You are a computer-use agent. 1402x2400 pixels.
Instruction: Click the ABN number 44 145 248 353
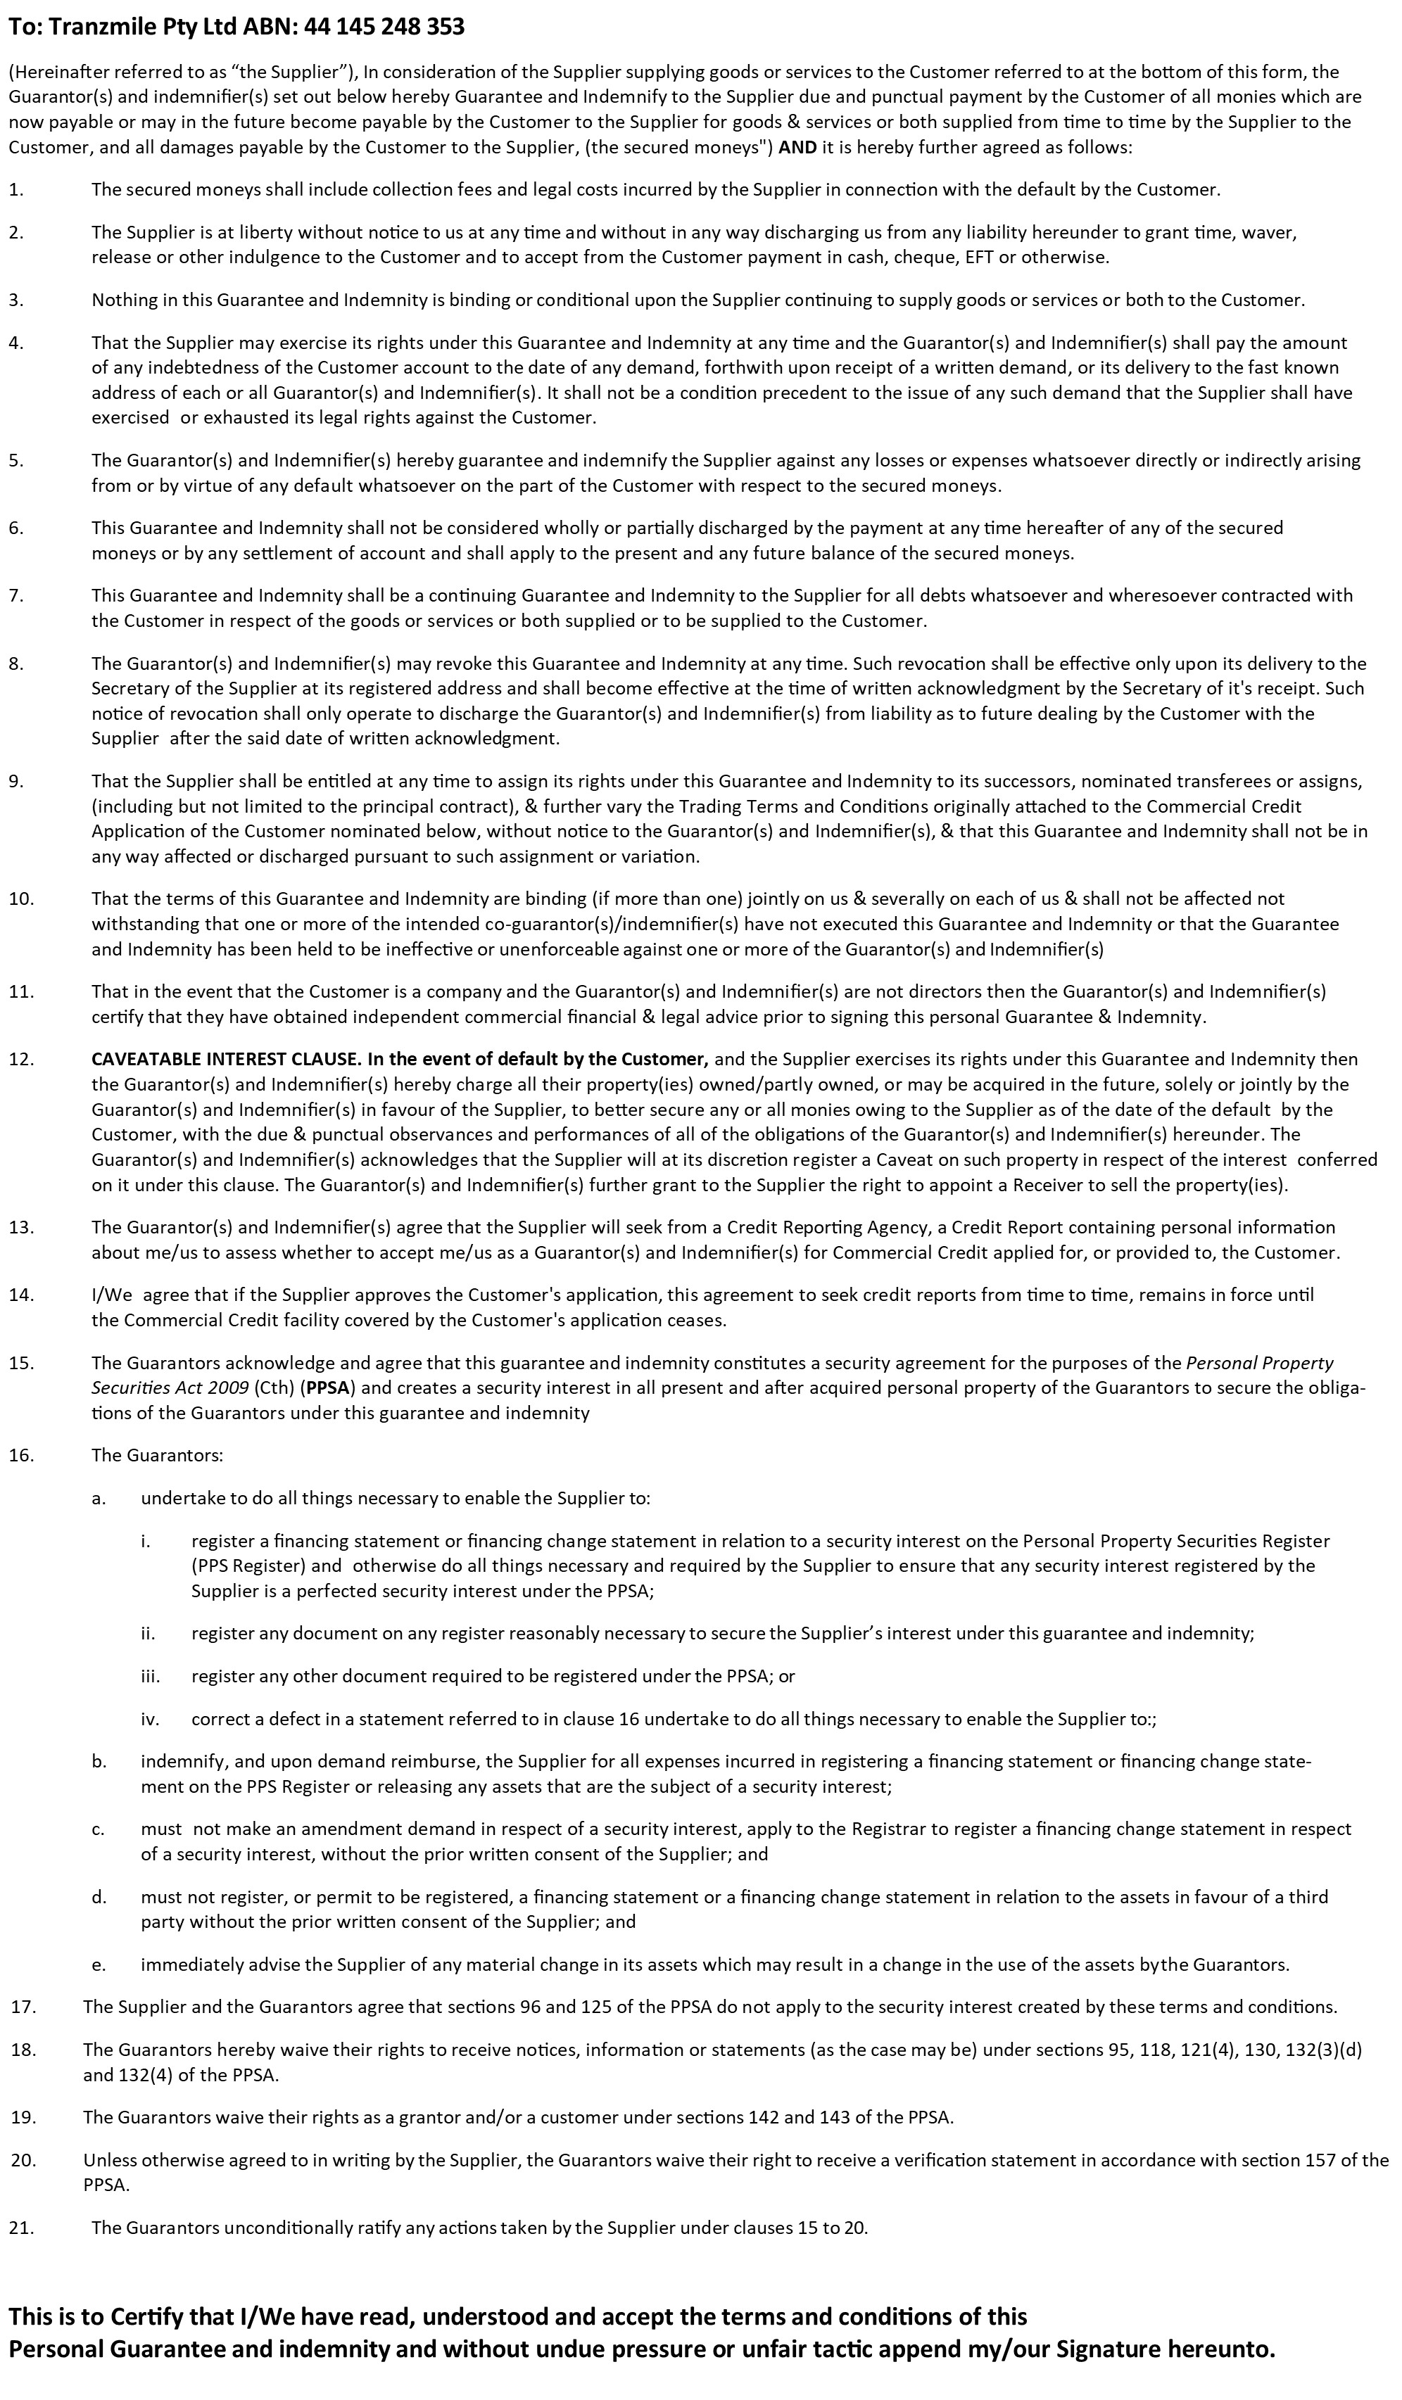(386, 27)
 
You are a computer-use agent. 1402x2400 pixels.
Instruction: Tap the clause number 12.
(21, 1059)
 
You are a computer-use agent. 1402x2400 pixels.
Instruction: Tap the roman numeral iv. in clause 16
(149, 1719)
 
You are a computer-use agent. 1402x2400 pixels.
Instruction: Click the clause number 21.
(21, 2227)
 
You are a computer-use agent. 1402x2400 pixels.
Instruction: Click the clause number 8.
(15, 663)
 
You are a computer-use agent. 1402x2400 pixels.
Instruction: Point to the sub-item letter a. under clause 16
(98, 1498)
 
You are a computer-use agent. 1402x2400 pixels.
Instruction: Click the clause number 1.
(15, 189)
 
